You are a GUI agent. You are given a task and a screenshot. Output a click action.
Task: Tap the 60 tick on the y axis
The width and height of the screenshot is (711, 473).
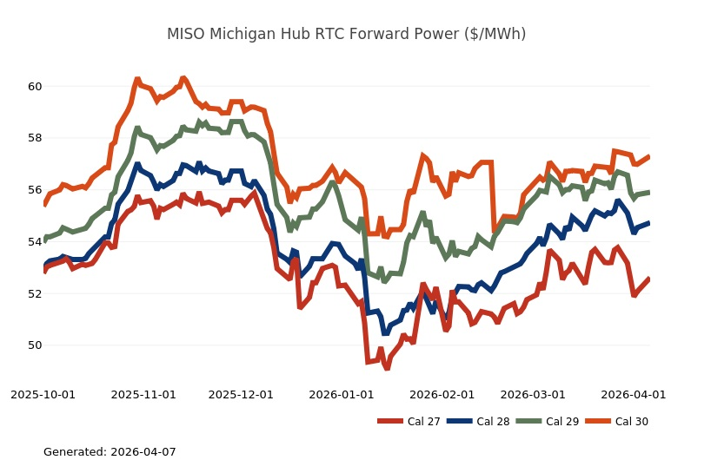35,87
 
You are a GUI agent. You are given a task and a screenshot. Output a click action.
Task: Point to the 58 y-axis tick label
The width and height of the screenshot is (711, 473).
35,138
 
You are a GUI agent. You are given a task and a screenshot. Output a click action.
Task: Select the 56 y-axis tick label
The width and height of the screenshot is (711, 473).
35,190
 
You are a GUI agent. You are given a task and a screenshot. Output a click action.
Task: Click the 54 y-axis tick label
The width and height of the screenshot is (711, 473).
35,241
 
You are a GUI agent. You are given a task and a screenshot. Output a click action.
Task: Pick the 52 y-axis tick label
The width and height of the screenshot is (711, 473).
35,293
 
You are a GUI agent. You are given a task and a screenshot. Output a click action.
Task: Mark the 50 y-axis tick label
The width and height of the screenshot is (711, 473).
35,345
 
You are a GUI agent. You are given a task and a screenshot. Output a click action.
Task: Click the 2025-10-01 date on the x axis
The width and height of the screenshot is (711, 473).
43,394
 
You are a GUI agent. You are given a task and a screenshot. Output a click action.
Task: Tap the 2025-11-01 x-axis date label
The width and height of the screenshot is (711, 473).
143,394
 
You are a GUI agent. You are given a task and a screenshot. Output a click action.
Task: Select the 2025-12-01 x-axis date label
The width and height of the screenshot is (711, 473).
241,394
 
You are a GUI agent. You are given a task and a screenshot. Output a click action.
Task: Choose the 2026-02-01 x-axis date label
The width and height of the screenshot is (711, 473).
442,394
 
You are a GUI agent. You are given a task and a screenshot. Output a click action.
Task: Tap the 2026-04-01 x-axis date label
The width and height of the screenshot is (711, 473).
633,394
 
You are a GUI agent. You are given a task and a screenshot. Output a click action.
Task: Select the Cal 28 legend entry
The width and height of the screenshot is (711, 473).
477,422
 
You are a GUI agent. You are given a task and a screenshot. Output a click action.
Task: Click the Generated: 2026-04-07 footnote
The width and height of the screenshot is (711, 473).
110,452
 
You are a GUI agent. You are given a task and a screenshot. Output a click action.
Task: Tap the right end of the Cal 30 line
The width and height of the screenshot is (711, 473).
649,157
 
